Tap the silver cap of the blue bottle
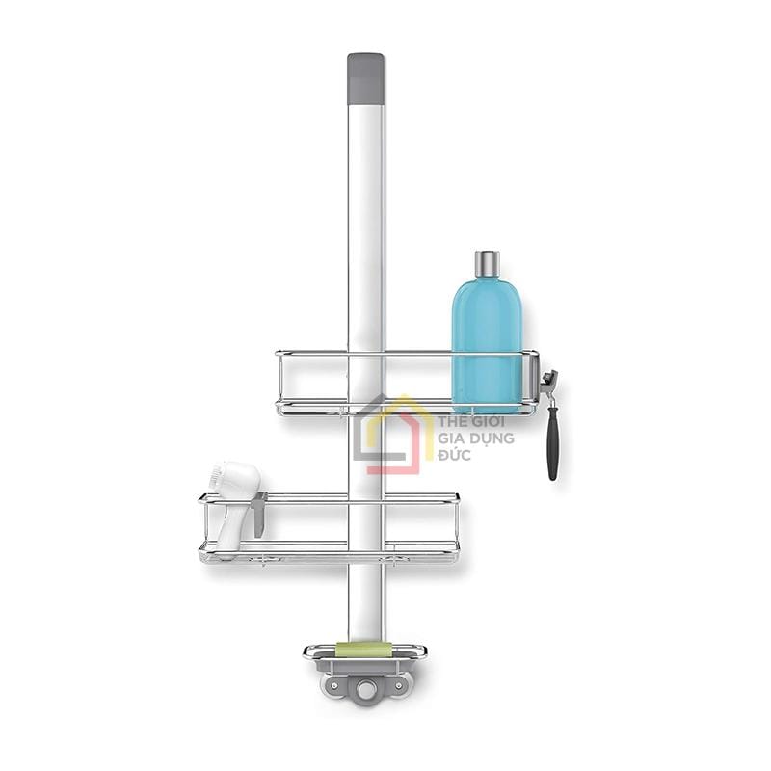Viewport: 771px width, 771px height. coord(487,262)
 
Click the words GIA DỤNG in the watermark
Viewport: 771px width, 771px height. coord(476,438)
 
